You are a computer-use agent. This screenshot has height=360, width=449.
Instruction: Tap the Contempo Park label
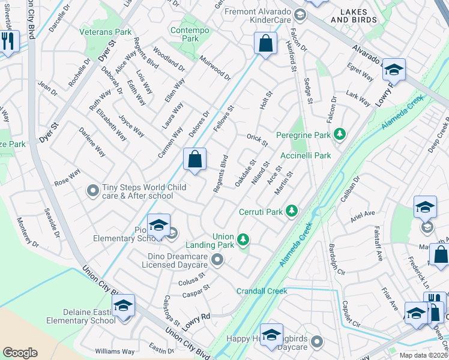184,34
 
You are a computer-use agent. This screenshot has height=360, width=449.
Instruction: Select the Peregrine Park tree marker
340,134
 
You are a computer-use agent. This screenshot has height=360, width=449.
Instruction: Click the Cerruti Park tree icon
292,211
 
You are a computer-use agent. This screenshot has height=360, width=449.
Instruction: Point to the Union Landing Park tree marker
243,239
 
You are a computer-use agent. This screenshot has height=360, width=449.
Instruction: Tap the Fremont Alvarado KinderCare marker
300,13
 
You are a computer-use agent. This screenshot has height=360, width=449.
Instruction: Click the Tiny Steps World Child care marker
92,191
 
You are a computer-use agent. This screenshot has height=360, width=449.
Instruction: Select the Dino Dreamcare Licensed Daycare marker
217,260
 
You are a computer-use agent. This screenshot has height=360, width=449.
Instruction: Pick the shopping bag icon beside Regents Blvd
194,159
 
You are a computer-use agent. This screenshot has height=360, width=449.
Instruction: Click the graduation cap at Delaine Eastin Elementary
123,305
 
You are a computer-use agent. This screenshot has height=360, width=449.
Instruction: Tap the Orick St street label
257,139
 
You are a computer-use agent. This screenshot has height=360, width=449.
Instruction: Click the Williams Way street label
115,351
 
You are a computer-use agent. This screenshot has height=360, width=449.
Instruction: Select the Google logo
20,353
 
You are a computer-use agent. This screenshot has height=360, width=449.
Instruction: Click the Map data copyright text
423,355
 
